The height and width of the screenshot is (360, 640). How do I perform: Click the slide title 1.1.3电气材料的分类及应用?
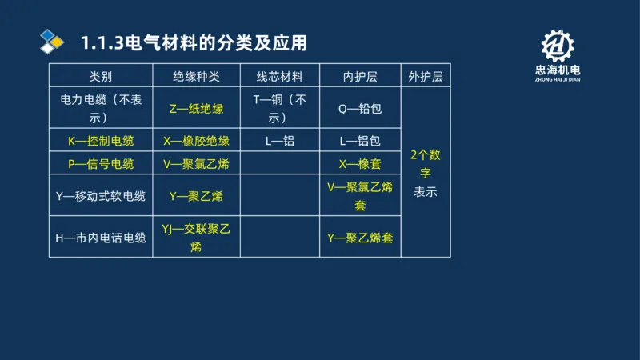194,42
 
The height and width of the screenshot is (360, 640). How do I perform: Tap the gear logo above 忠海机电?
558,46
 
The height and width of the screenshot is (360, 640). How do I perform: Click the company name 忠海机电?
558,72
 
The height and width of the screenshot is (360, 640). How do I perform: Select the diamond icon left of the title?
52,42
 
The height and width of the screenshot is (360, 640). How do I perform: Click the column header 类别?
101,77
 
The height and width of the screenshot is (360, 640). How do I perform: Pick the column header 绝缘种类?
196,77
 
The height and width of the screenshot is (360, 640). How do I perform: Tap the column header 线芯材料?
279,77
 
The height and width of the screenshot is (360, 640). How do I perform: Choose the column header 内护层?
359,77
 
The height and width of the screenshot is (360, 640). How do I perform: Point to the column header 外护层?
426,77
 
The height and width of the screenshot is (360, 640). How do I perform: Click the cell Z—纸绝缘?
196,109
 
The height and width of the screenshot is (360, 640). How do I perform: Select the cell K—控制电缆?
101,141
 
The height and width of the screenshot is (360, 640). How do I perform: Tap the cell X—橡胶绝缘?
196,141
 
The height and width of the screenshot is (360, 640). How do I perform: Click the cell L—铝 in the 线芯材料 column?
279,141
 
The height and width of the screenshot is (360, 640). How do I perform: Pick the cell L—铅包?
359,141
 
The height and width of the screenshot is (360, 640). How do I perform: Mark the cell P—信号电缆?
101,163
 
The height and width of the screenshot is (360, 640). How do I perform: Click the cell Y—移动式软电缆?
101,195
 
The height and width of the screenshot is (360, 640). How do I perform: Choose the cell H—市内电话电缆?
101,238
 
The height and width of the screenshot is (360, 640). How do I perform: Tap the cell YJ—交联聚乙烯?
196,238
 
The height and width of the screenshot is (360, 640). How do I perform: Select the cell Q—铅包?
359,109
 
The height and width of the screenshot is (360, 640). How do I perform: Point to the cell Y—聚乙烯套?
359,238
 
